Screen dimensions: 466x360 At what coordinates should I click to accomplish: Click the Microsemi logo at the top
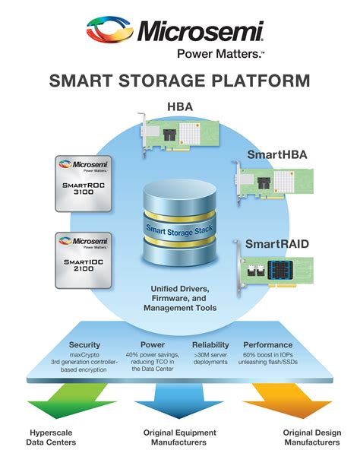point(180,31)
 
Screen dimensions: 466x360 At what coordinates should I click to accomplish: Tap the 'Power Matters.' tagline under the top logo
point(210,53)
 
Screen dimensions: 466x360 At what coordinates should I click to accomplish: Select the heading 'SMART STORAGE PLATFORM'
point(179,81)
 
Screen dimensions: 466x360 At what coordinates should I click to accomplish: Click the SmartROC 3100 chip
point(84,182)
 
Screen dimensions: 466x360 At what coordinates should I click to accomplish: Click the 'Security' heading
point(84,344)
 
